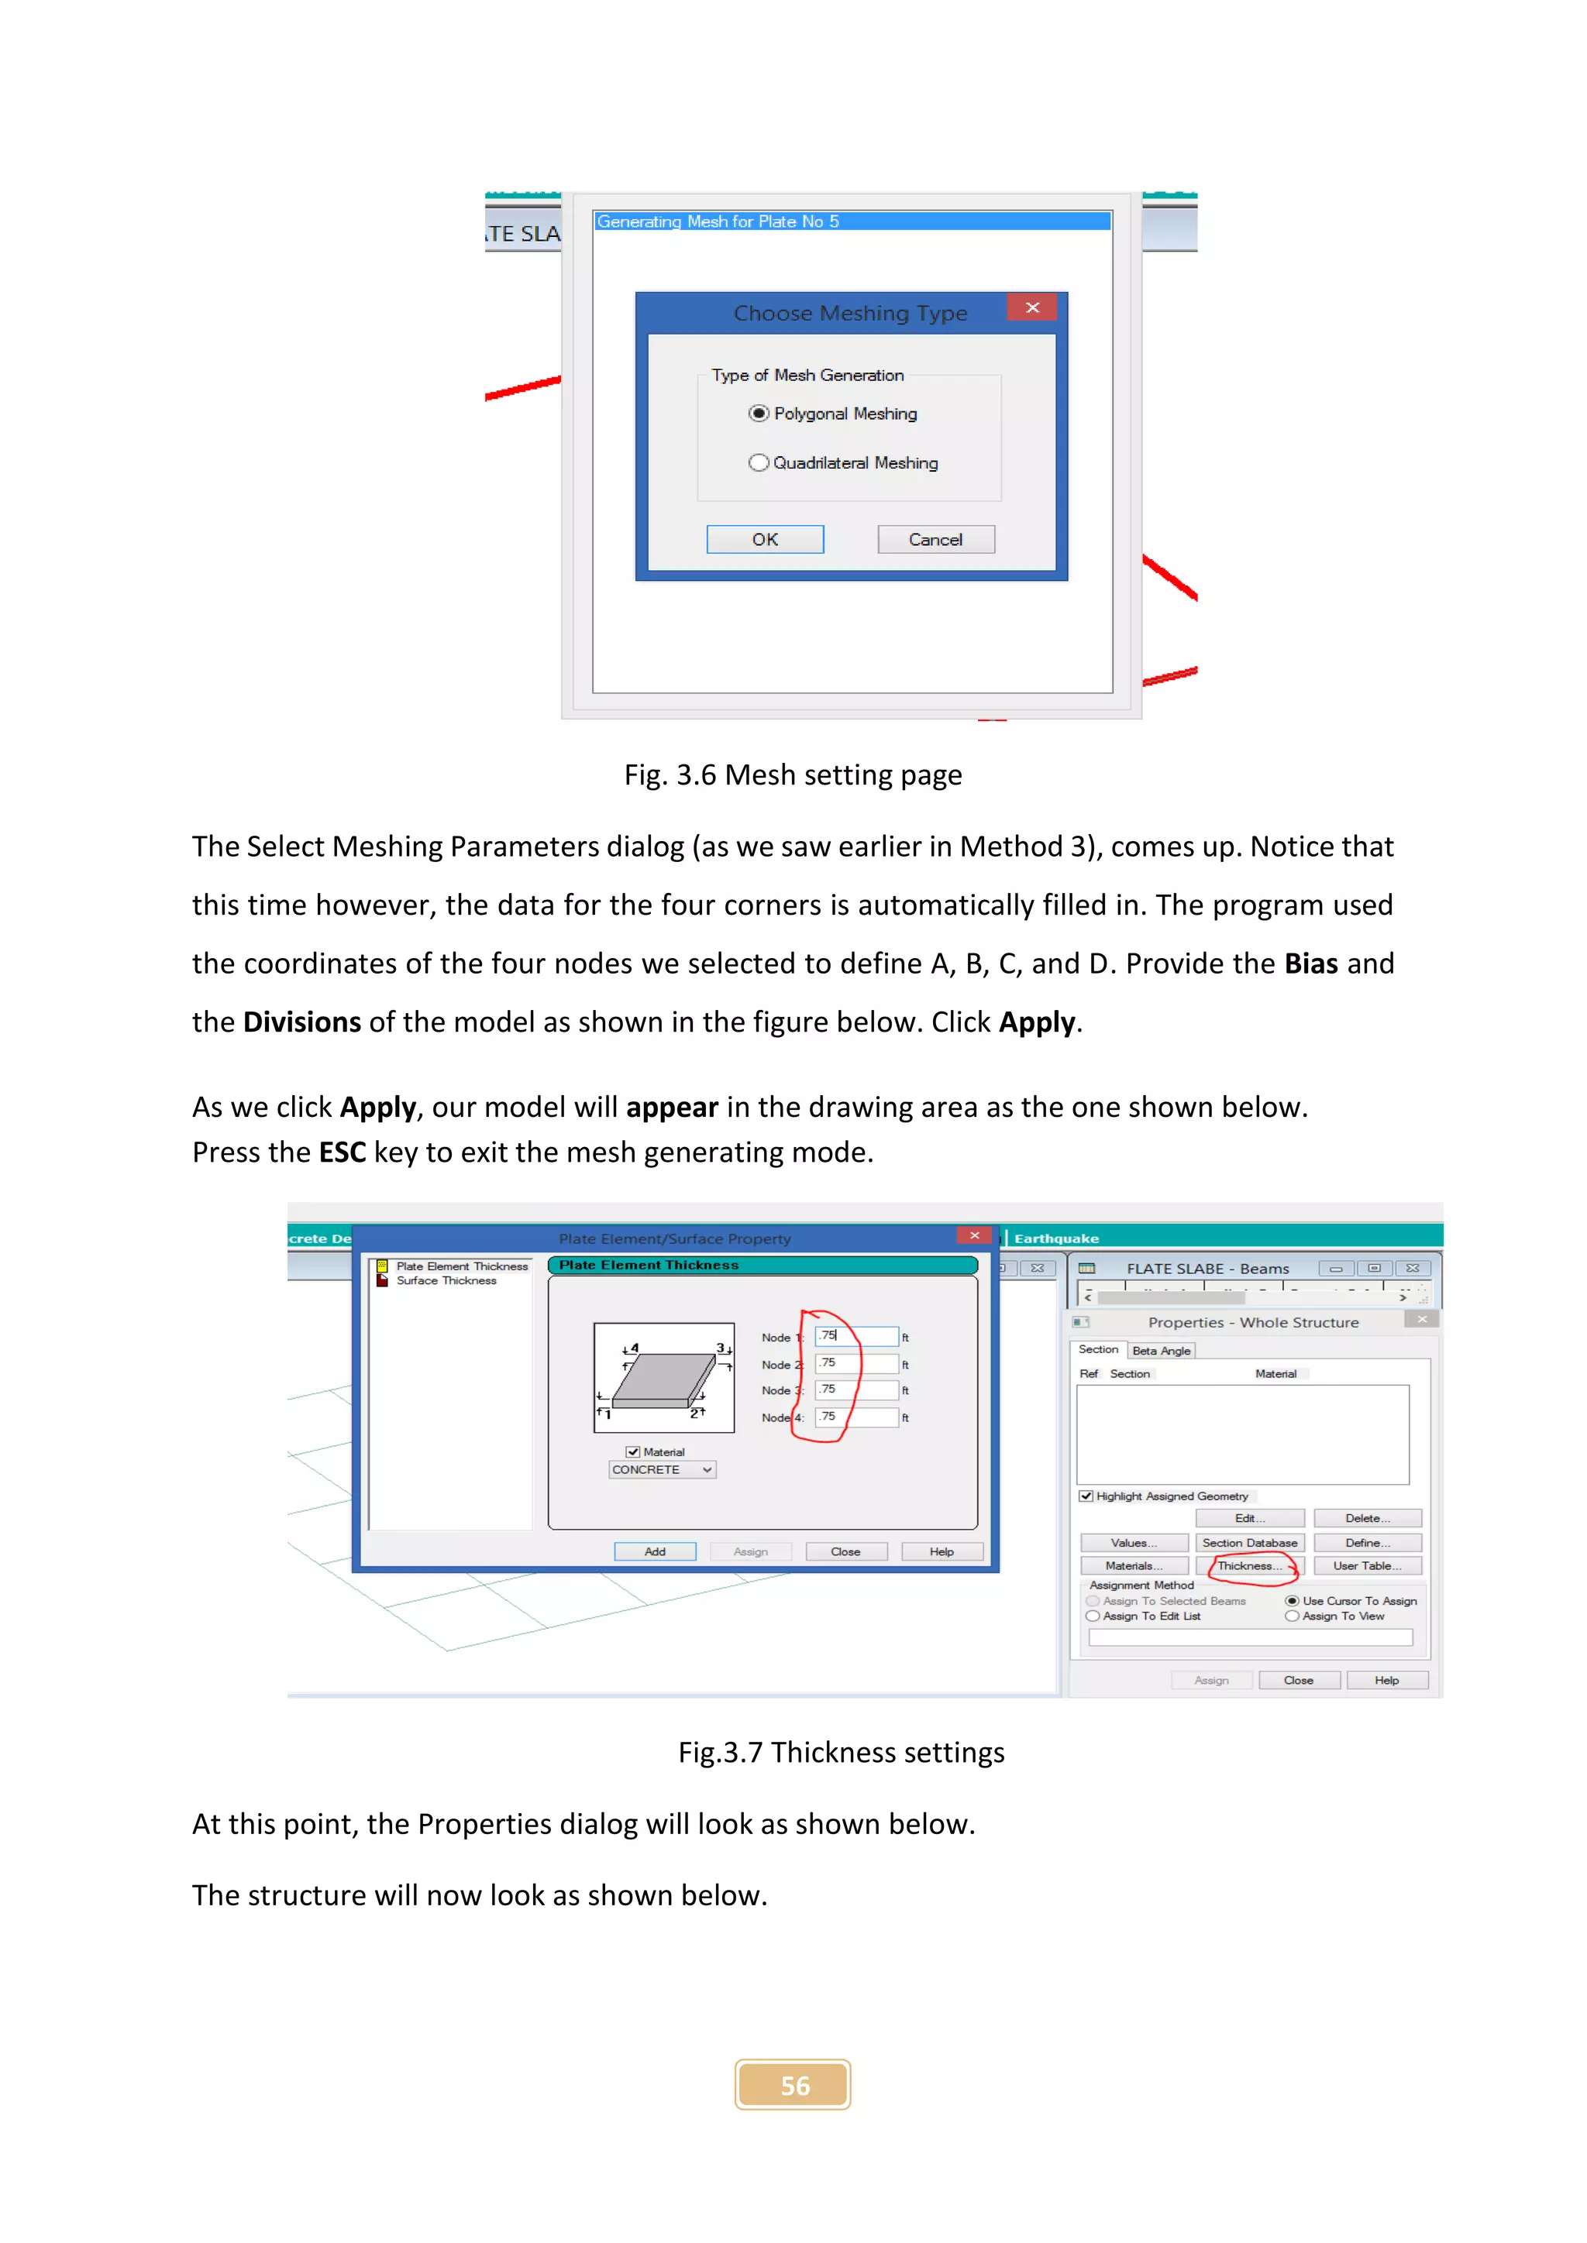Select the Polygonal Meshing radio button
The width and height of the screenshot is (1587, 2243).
(759, 414)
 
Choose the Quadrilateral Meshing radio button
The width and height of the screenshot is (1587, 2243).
(759, 463)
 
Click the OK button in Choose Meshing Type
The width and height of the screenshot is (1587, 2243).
(764, 539)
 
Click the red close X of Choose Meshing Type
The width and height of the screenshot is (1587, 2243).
(1032, 307)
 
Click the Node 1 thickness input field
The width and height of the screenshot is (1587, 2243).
(856, 1335)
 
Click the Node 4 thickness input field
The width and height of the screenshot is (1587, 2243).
(856, 1417)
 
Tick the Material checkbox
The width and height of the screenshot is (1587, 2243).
(633, 1451)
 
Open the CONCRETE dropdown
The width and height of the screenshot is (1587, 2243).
(707, 1469)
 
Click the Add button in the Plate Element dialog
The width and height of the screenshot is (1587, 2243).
(655, 1551)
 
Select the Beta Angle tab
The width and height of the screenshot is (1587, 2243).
(1161, 1351)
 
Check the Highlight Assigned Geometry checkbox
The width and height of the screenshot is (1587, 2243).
(1086, 1496)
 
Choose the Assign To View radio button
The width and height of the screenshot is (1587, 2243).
(1292, 1616)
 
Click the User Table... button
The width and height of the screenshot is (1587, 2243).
(1366, 1566)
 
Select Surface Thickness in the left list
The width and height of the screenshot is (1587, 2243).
(446, 1281)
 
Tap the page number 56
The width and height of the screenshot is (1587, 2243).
(793, 2086)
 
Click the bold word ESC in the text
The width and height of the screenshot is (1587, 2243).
(342, 1152)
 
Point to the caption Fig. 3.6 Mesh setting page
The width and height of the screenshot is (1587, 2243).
(793, 775)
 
